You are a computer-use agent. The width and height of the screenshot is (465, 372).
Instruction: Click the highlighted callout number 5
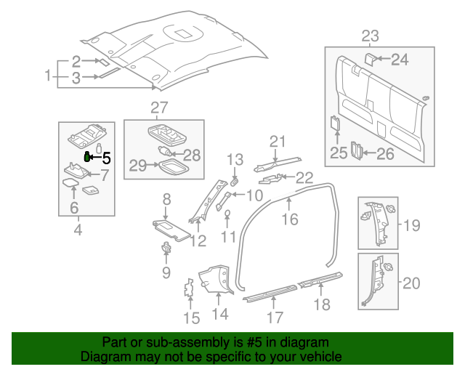(106, 156)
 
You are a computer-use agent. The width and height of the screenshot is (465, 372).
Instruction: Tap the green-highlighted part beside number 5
(88, 155)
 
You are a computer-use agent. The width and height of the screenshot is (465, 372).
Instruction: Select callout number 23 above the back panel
(370, 36)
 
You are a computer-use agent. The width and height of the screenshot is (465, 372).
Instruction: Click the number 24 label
(400, 60)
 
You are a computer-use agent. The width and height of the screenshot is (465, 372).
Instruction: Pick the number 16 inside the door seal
(290, 218)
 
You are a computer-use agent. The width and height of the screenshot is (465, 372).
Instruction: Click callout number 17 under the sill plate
(275, 317)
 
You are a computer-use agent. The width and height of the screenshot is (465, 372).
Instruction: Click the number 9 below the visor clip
(166, 272)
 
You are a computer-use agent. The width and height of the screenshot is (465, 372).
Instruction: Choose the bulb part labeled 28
(168, 152)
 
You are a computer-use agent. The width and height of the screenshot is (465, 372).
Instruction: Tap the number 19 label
(411, 225)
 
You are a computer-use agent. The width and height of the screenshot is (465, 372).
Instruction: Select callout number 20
(411, 283)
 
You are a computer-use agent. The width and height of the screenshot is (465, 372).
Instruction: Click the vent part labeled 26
(356, 150)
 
